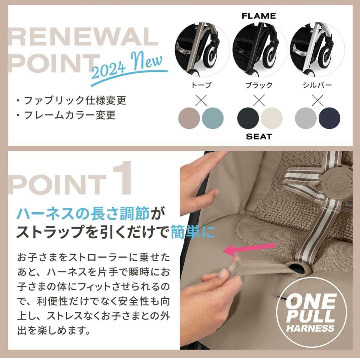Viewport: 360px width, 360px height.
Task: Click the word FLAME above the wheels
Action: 259,16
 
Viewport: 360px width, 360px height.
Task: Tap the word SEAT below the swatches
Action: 259,136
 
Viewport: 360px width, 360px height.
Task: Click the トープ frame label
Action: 201,85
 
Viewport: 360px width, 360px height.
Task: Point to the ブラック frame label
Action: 259,85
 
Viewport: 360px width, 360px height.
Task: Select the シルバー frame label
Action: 317,85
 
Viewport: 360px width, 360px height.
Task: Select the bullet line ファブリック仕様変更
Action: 71,100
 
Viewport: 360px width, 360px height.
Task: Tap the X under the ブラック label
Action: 259,99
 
